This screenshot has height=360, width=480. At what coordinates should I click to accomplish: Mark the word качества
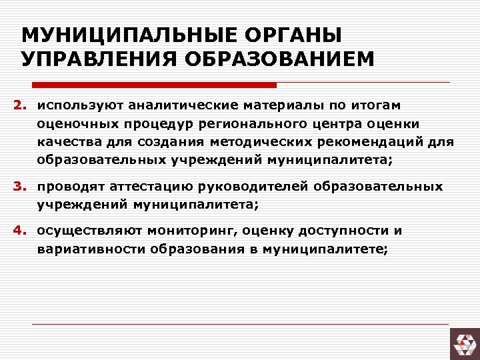[x=67, y=142]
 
